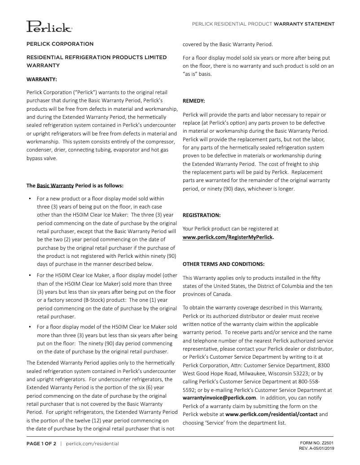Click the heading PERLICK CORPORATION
point(60,44)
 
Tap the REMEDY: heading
point(194,101)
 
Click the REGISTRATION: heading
point(202,215)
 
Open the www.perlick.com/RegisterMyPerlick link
point(228,237)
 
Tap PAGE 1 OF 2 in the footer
point(41,443)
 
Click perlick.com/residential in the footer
point(92,443)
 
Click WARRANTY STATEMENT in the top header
point(304,24)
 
